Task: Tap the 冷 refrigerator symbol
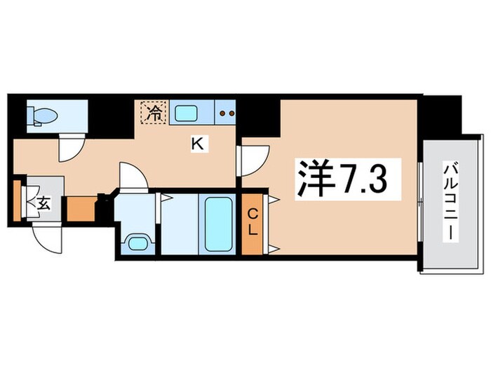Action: pos(154,112)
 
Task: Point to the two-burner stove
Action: pos(225,111)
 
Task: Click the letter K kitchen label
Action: pos(199,144)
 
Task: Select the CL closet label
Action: pos(252,222)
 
